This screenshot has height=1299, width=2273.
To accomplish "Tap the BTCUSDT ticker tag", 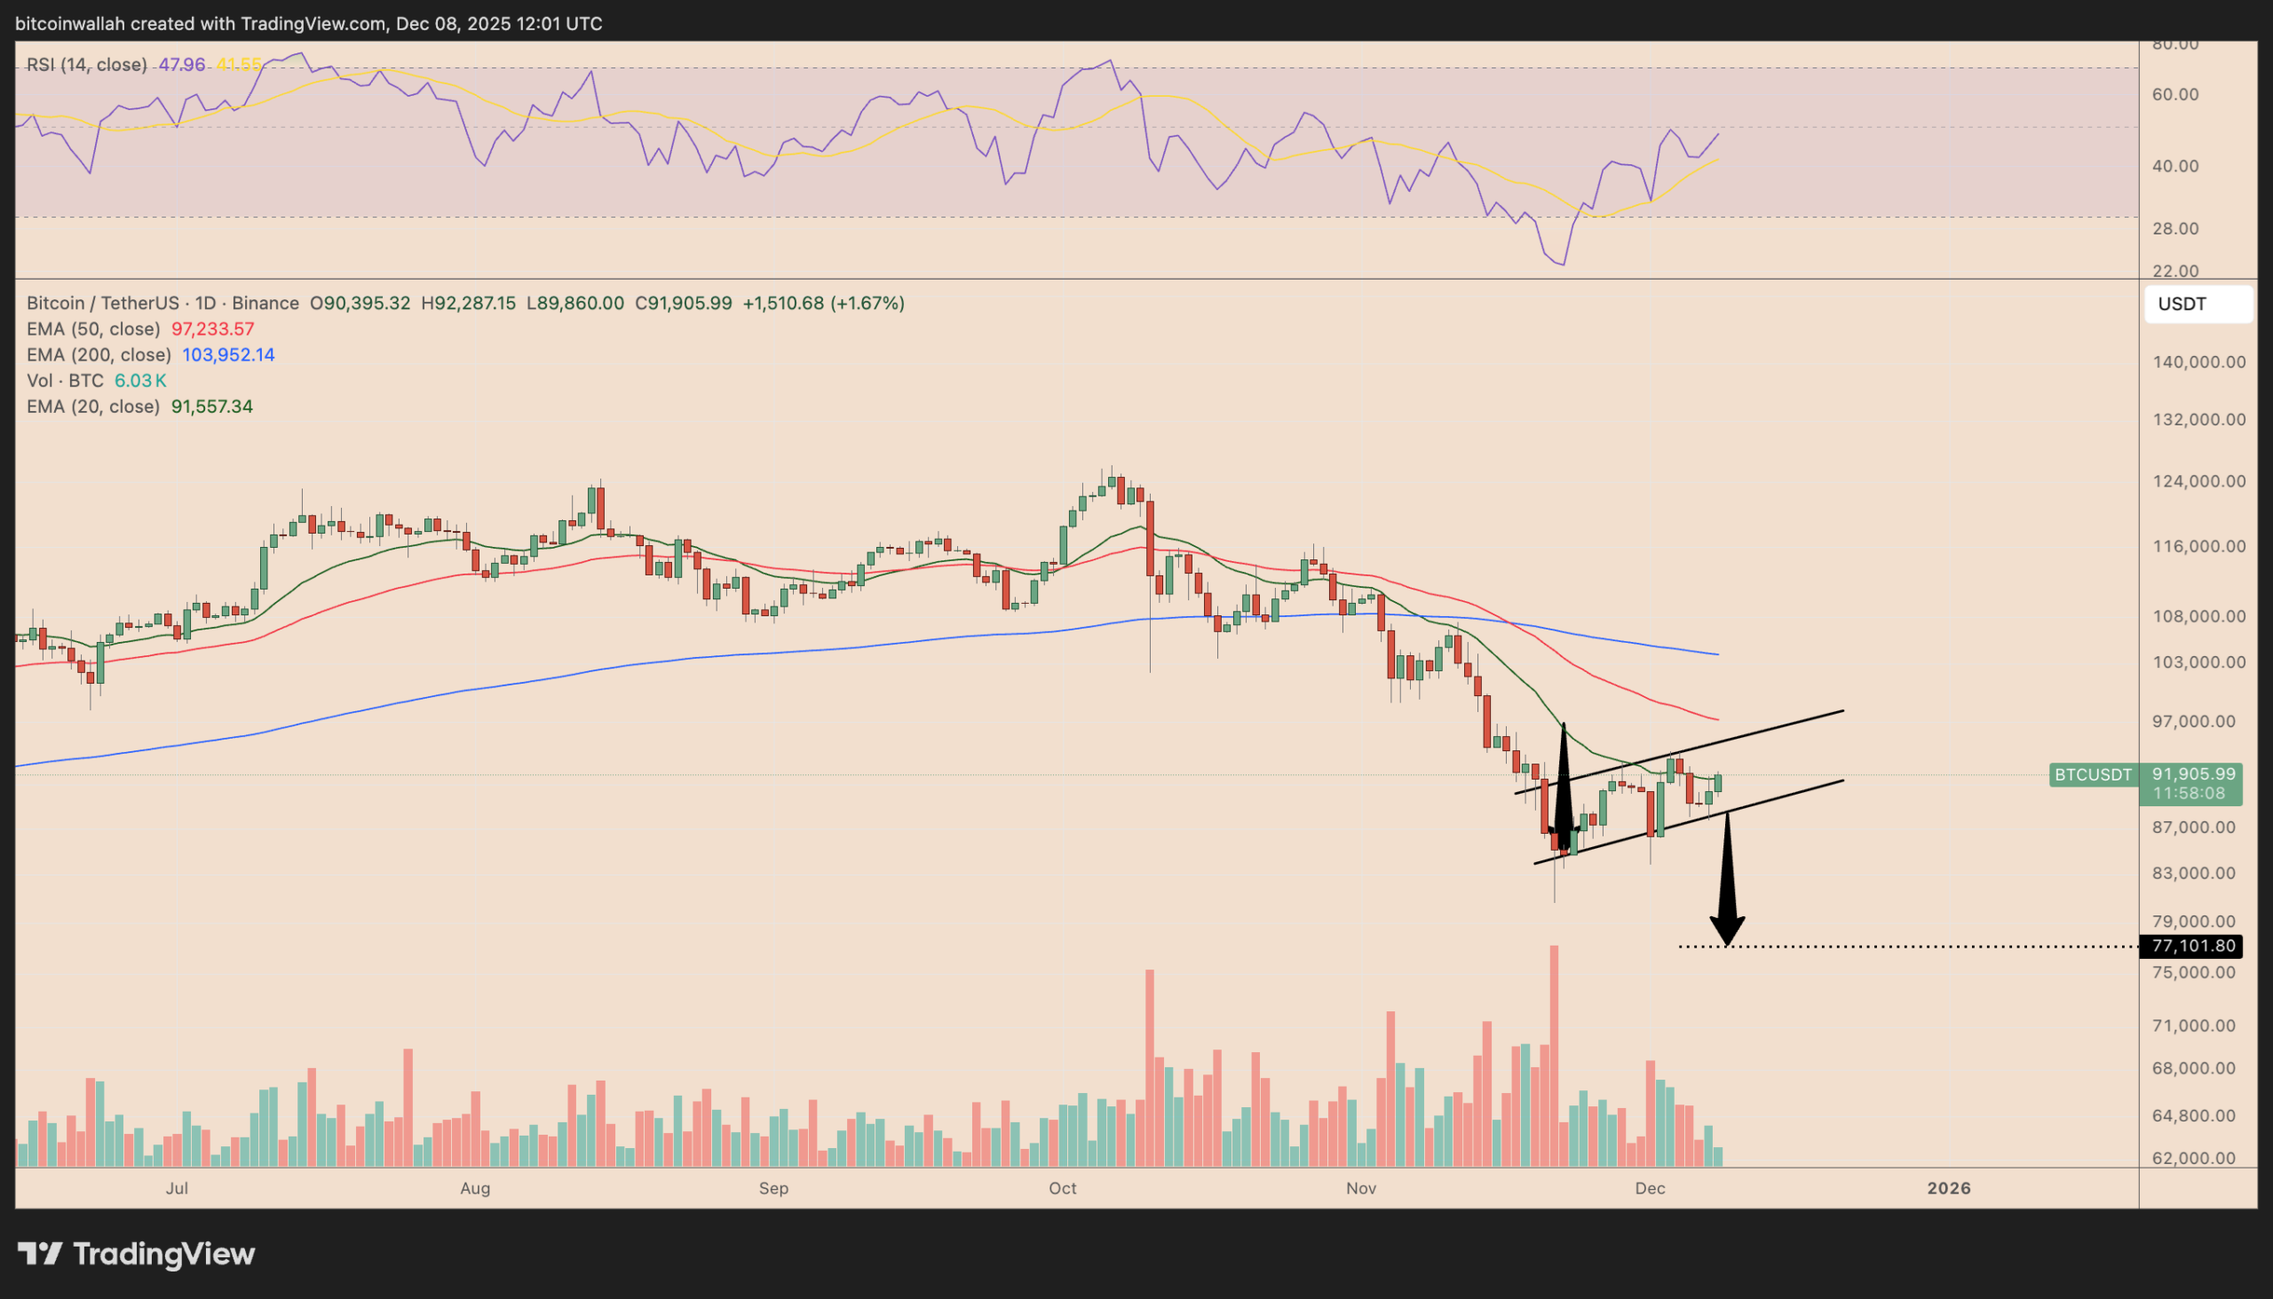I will click(x=2093, y=774).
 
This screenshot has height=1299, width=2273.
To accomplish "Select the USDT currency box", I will click(x=2198, y=305).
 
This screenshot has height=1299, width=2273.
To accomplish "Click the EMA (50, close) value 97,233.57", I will click(x=212, y=329).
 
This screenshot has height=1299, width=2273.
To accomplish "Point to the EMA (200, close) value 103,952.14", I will click(x=228, y=355).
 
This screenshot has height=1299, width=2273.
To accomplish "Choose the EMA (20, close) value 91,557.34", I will click(x=211, y=407).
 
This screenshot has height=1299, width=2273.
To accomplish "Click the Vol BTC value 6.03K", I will click(x=140, y=381).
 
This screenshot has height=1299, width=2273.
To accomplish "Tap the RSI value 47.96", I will click(x=182, y=65).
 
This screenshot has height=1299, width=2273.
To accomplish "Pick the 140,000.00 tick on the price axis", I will click(x=2199, y=362).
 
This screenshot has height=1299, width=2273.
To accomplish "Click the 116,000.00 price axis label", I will click(x=2199, y=546).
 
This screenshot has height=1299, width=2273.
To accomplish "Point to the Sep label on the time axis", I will click(x=773, y=1188).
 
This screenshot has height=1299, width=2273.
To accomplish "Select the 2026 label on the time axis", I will click(x=1948, y=1188).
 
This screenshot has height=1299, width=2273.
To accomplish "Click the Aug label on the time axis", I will click(x=475, y=1188).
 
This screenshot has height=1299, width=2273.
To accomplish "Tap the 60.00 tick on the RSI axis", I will click(x=2174, y=95).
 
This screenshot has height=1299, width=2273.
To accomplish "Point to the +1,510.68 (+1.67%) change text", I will click(x=822, y=304).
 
